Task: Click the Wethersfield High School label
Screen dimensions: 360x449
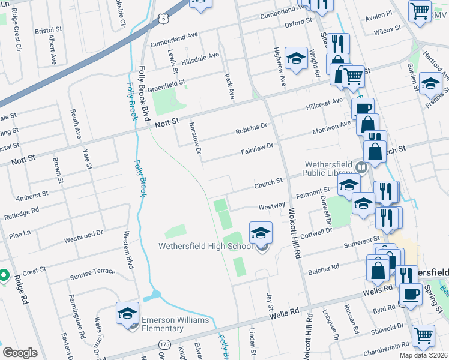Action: (205, 246)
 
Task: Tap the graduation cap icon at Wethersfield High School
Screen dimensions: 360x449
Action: (261, 233)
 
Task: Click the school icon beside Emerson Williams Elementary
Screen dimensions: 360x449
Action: (127, 313)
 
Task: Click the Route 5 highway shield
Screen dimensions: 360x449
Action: (164, 19)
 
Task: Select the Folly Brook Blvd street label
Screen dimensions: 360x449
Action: (144, 93)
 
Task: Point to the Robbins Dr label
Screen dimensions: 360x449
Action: (252, 128)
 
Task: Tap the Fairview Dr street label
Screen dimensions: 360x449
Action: (258, 146)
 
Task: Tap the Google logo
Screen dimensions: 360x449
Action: (20, 353)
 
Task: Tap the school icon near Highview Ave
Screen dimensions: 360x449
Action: (296, 58)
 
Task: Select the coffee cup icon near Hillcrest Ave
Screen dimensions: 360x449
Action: (363, 109)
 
